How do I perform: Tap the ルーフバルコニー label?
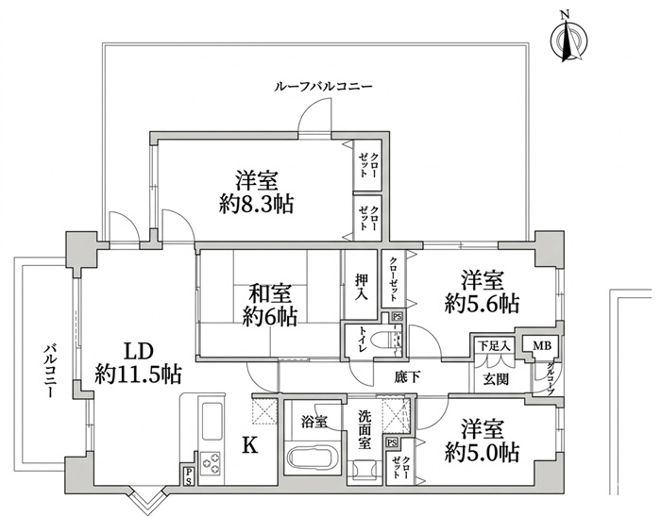coord(323,87)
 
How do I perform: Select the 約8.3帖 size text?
coord(256,205)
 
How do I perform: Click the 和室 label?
coord(270,294)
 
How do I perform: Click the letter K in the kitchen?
coord(250,445)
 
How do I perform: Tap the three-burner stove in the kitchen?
coord(211,461)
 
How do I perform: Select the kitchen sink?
coord(212,422)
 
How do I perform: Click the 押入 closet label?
coord(361,287)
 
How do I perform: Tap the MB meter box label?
coord(542,346)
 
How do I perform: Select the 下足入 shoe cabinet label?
coord(494,346)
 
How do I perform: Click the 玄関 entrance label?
coord(496,379)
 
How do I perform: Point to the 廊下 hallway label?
coord(408,377)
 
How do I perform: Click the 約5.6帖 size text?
coord(482,303)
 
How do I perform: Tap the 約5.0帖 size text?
coord(482,452)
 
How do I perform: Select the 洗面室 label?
coord(365,429)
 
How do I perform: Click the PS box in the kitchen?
coord(188,476)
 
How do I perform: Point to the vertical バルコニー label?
coord(50,371)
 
